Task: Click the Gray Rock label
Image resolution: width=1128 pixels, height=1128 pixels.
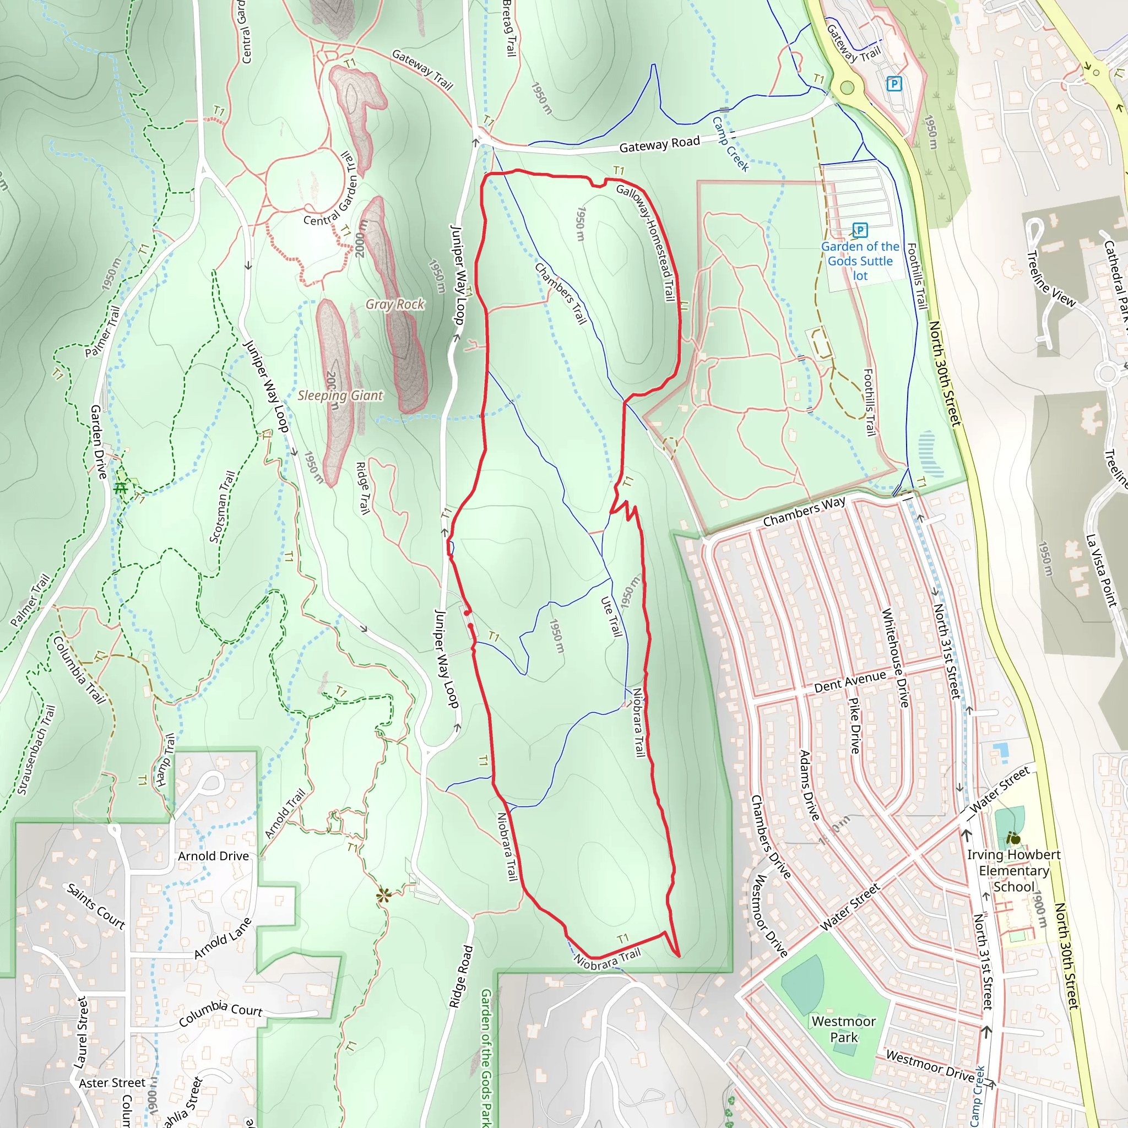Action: tap(395, 304)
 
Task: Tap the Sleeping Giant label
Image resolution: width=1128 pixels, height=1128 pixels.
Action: tap(340, 395)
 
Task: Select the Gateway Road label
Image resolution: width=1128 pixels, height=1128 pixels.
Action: tap(659, 144)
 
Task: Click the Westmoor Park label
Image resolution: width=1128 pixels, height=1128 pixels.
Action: tap(844, 1029)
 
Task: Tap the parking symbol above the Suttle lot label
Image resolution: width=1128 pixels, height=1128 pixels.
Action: tap(859, 230)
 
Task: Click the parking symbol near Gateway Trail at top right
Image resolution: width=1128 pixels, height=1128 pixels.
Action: tap(893, 84)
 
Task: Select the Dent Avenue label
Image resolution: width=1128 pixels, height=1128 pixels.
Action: tap(850, 681)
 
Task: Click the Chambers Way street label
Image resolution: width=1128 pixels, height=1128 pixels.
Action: tap(804, 512)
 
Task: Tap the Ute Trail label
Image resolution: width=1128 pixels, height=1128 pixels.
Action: tap(611, 616)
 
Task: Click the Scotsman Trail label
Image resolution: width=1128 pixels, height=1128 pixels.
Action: tap(223, 507)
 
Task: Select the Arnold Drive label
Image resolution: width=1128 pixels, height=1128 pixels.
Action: tap(213, 856)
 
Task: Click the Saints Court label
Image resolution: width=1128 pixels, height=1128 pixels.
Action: tap(96, 906)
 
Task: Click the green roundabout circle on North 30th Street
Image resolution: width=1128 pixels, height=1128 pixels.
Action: tap(847, 88)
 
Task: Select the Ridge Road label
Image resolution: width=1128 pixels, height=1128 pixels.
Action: tap(460, 976)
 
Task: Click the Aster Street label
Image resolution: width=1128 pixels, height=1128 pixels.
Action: tap(112, 1083)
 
